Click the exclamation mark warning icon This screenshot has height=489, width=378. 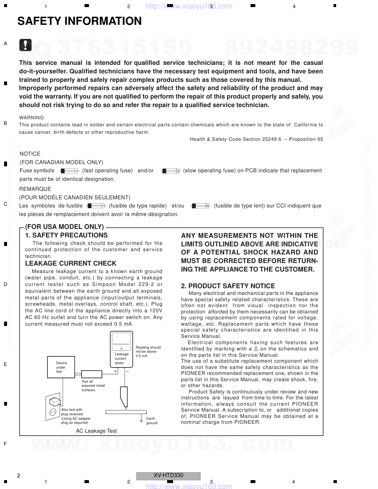(26, 45)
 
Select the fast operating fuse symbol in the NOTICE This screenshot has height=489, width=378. (69, 171)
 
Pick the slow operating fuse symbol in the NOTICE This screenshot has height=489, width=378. (171, 171)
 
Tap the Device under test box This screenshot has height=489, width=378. (61, 367)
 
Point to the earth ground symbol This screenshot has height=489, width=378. (141, 420)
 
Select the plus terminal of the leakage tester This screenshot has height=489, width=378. (116, 371)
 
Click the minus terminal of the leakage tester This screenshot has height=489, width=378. (127, 371)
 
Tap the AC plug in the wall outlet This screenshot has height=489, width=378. (55, 402)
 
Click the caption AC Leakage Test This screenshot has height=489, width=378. (96, 431)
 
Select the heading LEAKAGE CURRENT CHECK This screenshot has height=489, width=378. (71, 263)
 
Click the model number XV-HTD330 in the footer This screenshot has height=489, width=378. (168, 476)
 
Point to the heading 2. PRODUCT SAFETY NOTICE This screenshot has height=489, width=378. (228, 286)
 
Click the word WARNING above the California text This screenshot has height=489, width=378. (31, 118)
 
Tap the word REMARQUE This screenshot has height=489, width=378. (35, 189)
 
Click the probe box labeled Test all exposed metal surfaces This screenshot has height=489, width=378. (92, 374)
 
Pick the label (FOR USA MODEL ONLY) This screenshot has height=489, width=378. (64, 227)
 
